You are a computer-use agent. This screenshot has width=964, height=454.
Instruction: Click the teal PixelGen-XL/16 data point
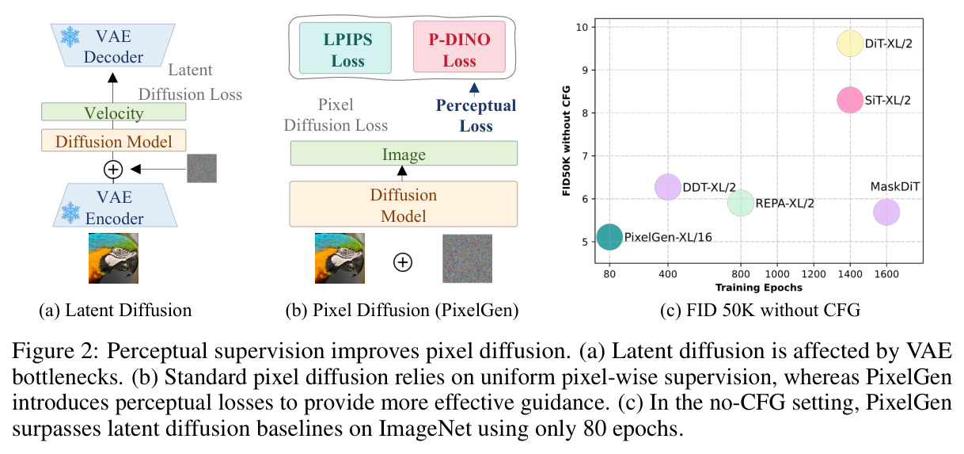609,237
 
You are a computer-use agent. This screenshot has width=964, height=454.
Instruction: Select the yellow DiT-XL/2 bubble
850,43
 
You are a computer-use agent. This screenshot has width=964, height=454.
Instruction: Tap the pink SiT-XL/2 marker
850,100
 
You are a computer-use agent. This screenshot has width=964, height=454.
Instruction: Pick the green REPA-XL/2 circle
741,203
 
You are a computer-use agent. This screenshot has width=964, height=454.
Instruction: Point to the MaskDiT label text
894,186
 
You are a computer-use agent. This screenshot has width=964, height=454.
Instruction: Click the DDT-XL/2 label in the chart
709,187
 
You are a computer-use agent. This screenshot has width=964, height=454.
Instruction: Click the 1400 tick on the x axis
850,274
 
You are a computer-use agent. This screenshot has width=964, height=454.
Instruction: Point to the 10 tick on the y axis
582,27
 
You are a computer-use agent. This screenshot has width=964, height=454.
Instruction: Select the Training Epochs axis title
759,288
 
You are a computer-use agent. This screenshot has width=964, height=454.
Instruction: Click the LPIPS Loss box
345,48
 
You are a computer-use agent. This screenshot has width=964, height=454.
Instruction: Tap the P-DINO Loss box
459,47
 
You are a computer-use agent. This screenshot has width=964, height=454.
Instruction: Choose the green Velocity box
114,112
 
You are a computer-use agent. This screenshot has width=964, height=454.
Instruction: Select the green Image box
404,154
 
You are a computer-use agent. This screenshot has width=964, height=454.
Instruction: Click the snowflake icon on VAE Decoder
70,37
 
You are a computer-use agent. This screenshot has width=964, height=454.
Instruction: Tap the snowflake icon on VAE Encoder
70,212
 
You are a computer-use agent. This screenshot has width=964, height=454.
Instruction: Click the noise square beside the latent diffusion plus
202,169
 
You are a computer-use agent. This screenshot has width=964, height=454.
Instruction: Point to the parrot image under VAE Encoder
114,258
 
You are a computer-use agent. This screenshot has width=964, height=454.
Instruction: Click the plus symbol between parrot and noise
403,262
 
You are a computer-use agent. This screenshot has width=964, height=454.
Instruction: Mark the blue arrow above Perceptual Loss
474,88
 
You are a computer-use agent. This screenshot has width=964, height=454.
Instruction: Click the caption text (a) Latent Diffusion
116,310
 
